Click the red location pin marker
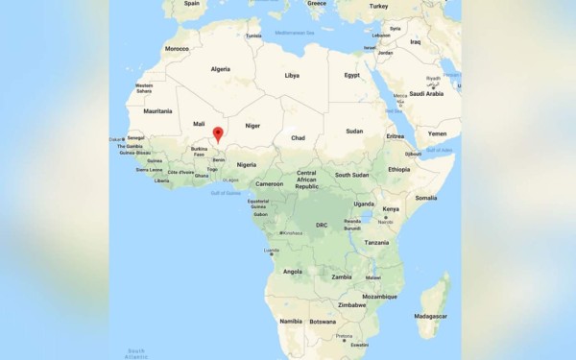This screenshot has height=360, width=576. click(218, 135)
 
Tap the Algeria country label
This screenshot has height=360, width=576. click(221, 69)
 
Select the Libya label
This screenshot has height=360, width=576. click(292, 75)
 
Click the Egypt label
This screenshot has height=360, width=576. click(352, 75)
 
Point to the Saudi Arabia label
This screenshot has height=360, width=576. click(426, 94)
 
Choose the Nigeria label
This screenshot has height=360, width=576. click(247, 164)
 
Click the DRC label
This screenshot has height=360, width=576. click(322, 226)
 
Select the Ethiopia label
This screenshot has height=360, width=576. click(399, 170)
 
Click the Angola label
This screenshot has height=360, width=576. click(292, 272)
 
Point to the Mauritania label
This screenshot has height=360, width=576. click(157, 111)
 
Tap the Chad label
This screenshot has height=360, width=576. click(298, 138)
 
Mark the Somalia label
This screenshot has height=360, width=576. click(426, 198)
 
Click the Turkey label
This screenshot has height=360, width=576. click(378, 6)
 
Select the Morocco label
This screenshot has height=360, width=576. click(177, 48)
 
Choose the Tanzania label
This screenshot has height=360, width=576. click(376, 243)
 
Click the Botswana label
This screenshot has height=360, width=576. click(323, 322)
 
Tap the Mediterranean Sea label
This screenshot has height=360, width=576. click(296, 34)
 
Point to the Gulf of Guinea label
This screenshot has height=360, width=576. click(227, 193)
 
